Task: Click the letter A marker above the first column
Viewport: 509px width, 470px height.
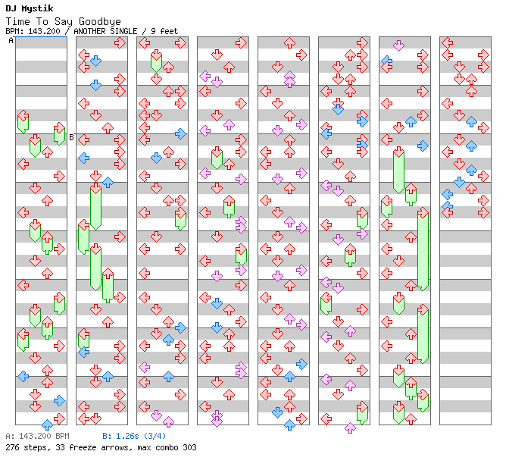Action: pos(11,41)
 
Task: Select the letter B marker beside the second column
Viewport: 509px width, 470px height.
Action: pos(72,137)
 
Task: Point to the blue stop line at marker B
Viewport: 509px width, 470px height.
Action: pos(101,133)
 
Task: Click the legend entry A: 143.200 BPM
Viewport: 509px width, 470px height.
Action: pos(36,437)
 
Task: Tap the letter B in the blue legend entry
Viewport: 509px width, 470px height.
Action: pos(105,437)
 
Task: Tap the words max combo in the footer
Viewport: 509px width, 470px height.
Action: pos(154,447)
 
